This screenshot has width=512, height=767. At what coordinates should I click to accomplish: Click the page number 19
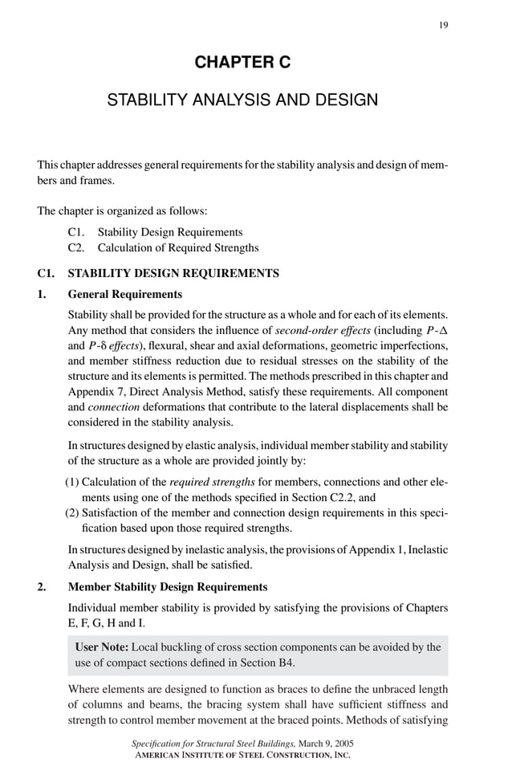click(x=443, y=25)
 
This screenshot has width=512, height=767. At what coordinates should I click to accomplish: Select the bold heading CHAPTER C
click(x=242, y=63)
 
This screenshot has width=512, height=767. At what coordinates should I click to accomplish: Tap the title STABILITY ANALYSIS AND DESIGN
click(x=242, y=101)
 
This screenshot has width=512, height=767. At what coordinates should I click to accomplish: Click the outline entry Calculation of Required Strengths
click(x=184, y=247)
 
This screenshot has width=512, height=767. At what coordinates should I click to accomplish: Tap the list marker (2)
click(x=72, y=514)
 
